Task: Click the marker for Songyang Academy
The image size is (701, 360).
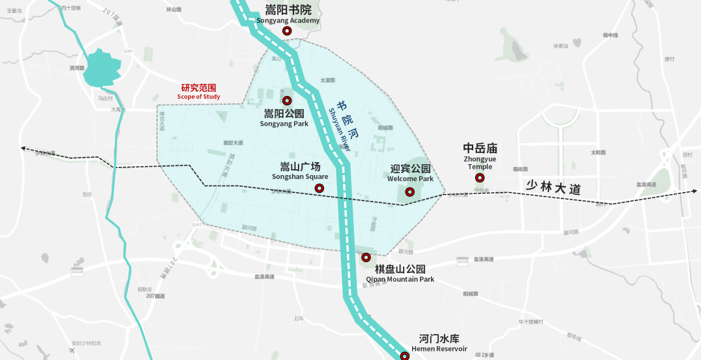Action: [287, 30]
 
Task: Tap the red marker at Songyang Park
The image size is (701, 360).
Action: [287, 101]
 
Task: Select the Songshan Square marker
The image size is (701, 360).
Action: [319, 188]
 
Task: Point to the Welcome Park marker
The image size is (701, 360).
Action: [410, 191]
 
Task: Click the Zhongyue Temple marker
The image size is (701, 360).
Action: [480, 178]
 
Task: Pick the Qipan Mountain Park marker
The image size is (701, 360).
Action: [365, 257]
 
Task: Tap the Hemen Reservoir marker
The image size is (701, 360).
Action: [404, 355]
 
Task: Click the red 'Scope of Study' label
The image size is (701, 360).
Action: [199, 97]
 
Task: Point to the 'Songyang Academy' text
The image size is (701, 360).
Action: [288, 20]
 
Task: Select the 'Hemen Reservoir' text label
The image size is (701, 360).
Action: [439, 349]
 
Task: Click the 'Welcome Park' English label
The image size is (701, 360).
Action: [410, 178]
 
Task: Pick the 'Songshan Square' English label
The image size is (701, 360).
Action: [300, 176]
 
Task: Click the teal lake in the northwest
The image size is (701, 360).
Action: [103, 67]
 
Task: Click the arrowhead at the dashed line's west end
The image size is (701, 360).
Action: [23, 149]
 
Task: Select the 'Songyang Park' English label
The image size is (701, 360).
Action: [284, 124]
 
